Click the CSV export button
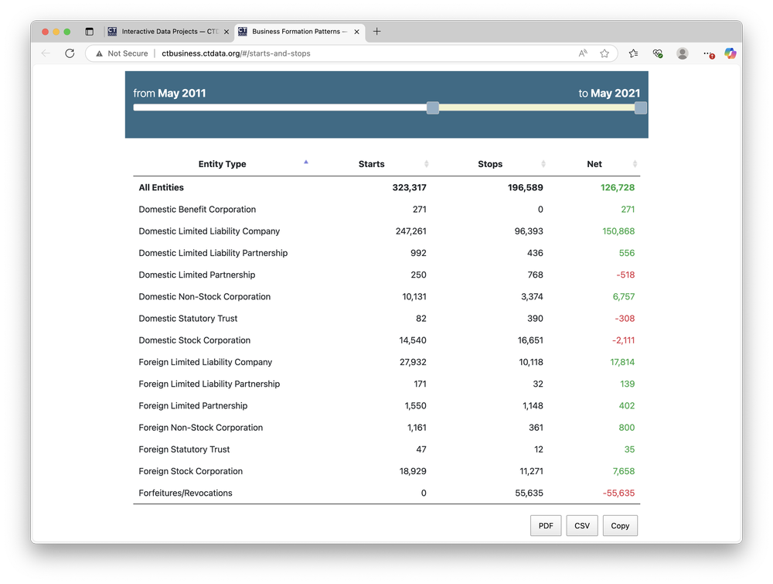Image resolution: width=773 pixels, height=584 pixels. tap(582, 526)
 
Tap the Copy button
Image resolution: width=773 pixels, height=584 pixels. tap(620, 526)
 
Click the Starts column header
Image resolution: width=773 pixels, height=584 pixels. tap(372, 164)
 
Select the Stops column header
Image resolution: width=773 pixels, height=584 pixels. tap(490, 164)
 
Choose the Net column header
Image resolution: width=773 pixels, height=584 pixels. tap(594, 164)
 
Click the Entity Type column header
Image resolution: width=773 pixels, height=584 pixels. tap(222, 164)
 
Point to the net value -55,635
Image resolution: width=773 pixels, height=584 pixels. tap(618, 493)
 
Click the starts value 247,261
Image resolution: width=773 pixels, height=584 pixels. tap(410, 231)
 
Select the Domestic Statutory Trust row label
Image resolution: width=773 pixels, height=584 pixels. tap(188, 319)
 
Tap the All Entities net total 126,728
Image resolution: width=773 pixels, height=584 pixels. tap(617, 188)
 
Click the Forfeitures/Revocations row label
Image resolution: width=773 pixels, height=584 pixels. tap(186, 493)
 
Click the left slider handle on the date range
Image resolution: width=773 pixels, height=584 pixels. tap(433, 108)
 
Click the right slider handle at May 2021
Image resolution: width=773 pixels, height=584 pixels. tap(640, 108)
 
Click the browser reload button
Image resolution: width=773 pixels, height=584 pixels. tap(70, 53)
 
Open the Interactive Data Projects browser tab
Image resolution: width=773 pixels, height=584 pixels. tap(169, 32)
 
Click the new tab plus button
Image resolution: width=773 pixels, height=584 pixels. tap(376, 32)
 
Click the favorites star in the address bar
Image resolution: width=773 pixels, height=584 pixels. tap(604, 53)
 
